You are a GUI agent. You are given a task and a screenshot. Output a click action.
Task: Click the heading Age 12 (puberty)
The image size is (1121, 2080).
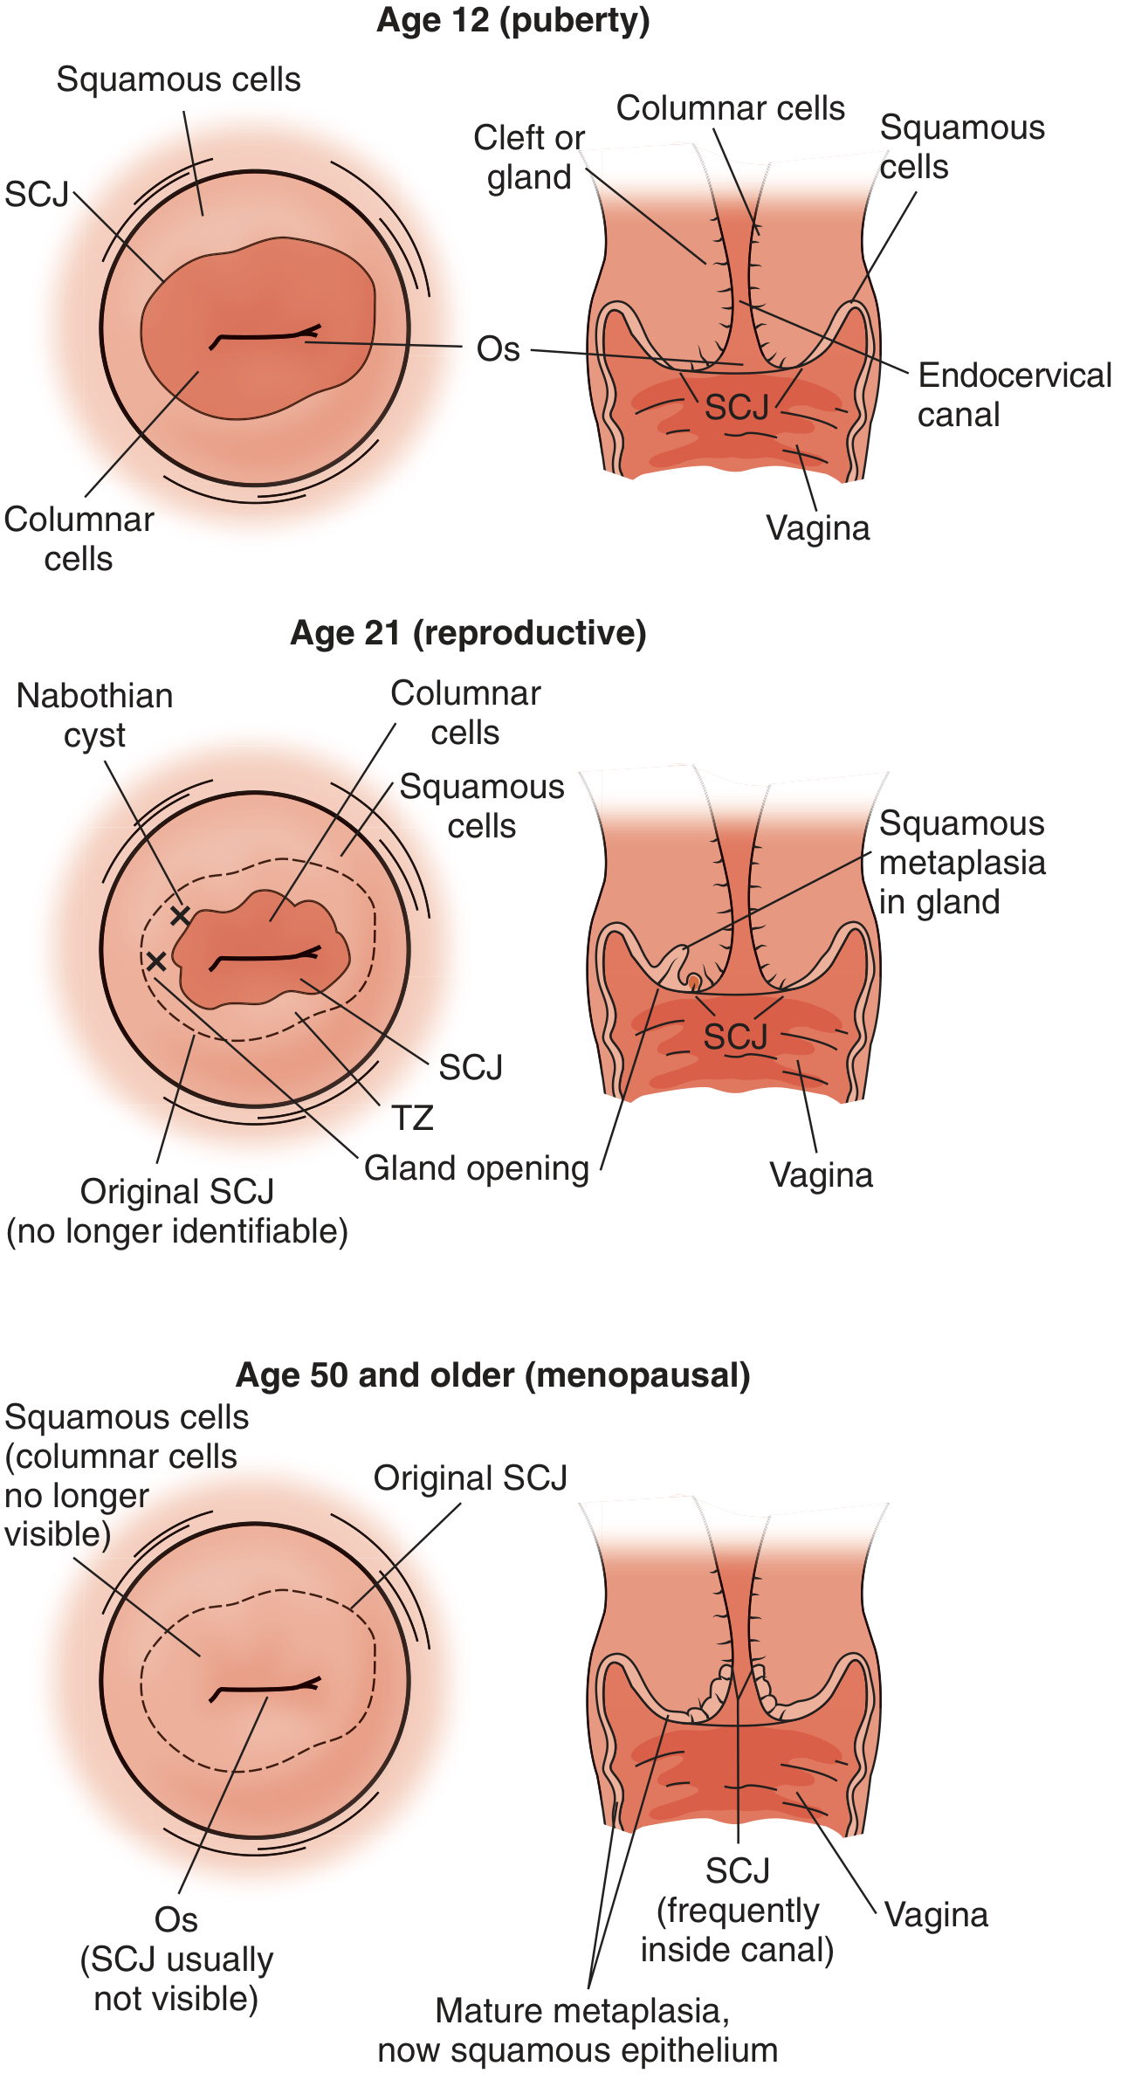pos(513,21)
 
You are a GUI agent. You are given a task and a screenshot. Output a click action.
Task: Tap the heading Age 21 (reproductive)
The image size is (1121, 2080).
pos(468,633)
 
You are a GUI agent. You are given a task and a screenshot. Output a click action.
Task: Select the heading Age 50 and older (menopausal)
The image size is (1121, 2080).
pos(493,1375)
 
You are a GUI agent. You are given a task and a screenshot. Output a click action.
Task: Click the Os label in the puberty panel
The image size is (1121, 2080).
pos(499,349)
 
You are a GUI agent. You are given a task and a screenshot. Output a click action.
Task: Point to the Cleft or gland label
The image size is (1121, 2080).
pos(529,157)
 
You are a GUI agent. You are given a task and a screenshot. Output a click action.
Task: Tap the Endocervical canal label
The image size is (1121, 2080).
pos(1014,395)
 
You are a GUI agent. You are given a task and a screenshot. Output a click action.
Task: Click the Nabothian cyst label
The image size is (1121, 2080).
pos(94,716)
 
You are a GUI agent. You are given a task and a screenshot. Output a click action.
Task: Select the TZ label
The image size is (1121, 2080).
pos(412,1118)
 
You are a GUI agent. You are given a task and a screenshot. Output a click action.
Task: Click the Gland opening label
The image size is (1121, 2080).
pos(477,1168)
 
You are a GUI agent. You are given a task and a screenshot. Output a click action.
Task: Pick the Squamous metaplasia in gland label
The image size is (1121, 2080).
pos(962,863)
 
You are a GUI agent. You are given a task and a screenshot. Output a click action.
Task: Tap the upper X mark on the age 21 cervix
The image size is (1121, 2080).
pos(180,915)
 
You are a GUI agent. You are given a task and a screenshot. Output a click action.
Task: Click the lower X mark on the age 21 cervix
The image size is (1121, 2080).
pos(155,961)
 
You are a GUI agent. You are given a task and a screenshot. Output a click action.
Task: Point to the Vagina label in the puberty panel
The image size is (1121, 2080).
pos(818,528)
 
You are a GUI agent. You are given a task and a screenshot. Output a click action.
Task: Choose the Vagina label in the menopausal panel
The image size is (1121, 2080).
pos(936,1914)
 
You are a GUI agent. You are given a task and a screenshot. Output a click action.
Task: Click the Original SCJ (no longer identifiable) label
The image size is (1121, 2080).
pos(177,1212)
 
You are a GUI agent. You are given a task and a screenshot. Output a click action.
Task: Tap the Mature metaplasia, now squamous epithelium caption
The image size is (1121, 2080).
pos(578,2030)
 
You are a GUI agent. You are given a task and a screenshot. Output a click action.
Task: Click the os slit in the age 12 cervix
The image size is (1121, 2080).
pos(265,335)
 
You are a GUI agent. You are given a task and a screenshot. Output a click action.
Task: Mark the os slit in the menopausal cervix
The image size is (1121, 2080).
pos(265,1689)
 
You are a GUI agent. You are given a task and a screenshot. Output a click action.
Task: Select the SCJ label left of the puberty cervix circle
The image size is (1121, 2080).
pos(37,194)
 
